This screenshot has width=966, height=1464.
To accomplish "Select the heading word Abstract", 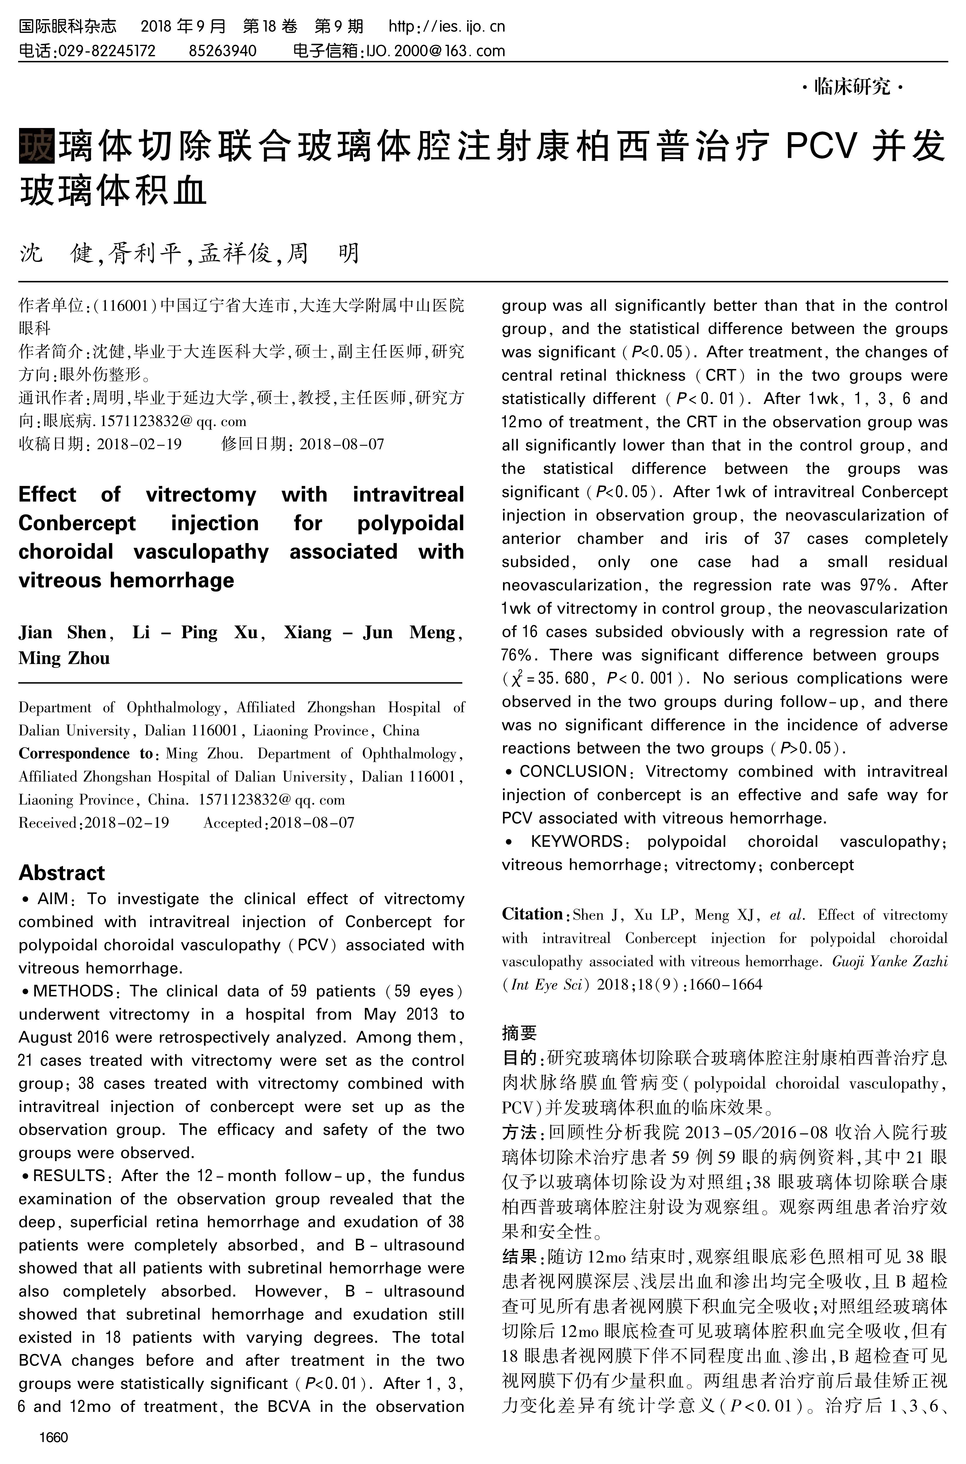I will click(x=62, y=873).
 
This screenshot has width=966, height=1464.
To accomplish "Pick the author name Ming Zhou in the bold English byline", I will click(x=64, y=658).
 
